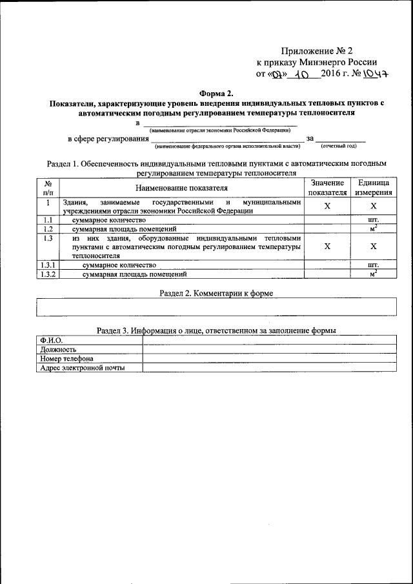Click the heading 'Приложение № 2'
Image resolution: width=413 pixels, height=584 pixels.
[317, 51]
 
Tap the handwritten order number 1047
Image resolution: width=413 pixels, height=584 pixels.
[373, 75]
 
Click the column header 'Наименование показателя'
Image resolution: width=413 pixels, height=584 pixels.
[181, 188]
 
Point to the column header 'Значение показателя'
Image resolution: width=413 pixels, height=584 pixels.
[327, 188]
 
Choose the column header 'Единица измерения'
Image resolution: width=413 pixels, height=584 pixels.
[372, 188]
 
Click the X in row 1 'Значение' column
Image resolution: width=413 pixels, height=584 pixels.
[327, 206]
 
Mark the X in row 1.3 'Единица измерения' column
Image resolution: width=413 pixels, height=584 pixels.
[372, 247]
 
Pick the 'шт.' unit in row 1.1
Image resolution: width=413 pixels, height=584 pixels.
[372, 219]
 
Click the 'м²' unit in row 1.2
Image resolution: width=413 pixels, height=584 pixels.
[372, 228]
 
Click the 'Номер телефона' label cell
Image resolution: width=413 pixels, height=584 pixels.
[66, 359]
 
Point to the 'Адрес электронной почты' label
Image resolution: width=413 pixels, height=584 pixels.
[82, 368]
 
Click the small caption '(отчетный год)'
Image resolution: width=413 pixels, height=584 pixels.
[342, 146]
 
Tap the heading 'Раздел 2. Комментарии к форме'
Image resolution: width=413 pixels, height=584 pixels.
[216, 293]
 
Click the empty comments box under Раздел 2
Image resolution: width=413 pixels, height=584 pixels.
[216, 307]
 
